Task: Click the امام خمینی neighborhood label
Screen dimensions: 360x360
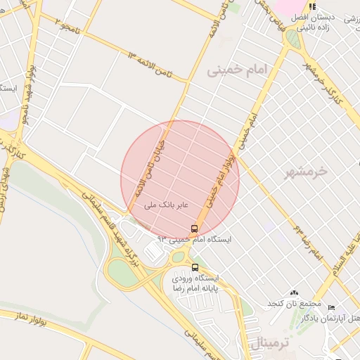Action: [234, 72]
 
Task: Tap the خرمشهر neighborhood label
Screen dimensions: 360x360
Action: [308, 171]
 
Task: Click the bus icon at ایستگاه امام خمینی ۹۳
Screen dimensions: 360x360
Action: [194, 229]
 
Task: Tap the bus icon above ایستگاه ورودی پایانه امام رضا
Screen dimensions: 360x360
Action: [195, 267]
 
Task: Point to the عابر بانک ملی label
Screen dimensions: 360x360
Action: [159, 205]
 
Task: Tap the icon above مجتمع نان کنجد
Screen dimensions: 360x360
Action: [294, 292]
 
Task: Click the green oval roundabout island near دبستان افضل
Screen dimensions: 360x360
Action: [292, 39]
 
